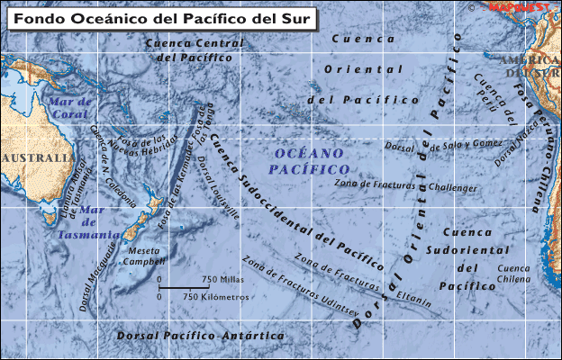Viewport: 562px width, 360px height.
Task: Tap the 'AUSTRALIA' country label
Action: (x=36, y=158)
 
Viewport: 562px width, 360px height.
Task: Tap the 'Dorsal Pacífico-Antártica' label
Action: (x=200, y=336)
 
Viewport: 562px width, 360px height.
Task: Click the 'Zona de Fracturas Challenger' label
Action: (x=405, y=185)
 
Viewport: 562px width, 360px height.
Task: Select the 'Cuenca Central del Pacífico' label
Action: (x=195, y=49)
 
